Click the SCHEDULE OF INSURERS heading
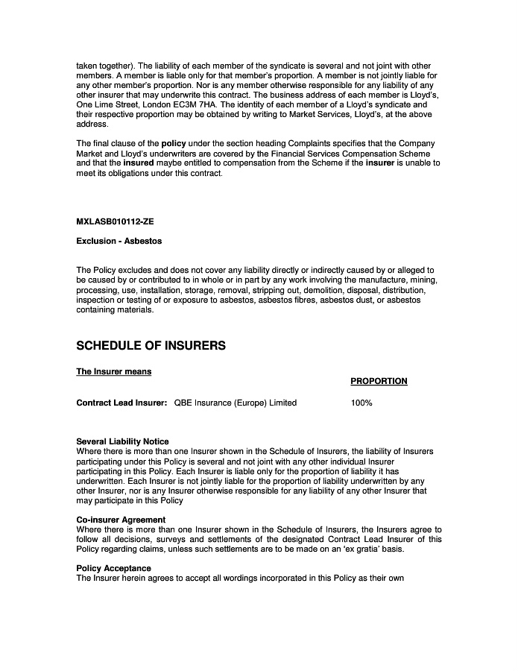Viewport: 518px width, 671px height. (151, 346)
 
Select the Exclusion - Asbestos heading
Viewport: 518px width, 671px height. (119, 242)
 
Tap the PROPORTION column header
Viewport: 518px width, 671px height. (379, 381)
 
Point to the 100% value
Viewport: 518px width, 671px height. (361, 403)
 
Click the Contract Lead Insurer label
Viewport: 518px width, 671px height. (121, 403)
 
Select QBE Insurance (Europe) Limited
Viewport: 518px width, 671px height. (236, 403)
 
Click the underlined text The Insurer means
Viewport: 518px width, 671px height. (114, 371)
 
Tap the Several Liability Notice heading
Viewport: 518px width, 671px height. (122, 441)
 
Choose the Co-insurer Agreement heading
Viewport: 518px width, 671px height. (121, 520)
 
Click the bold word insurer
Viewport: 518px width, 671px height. (379, 163)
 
